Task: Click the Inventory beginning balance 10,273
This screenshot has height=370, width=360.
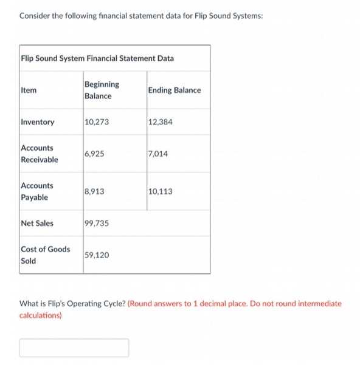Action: pos(97,122)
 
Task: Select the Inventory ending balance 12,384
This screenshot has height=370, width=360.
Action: pos(160,122)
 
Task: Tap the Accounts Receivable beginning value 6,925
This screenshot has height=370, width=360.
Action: pos(95,154)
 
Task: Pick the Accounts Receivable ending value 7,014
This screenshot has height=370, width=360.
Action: pos(157,154)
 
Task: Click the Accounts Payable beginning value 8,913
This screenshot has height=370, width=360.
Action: pos(95,191)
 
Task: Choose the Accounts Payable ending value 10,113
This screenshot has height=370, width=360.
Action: pos(160,191)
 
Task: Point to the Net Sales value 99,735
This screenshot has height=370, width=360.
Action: pos(97,223)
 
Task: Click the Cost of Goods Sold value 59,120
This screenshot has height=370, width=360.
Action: pos(97,255)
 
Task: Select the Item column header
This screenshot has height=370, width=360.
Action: pos(29,90)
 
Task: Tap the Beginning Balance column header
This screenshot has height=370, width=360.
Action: pos(102,90)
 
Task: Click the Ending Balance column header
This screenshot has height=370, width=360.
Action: pos(175,90)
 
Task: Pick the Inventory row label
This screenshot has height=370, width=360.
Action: pos(38,122)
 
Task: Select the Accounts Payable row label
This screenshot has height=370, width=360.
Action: pos(37,191)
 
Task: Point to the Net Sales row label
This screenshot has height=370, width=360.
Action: pos(37,223)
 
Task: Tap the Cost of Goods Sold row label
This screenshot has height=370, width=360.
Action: pos(45,255)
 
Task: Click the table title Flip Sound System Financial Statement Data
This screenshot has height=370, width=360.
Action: pos(97,58)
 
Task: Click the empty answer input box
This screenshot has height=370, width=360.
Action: pos(74,348)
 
